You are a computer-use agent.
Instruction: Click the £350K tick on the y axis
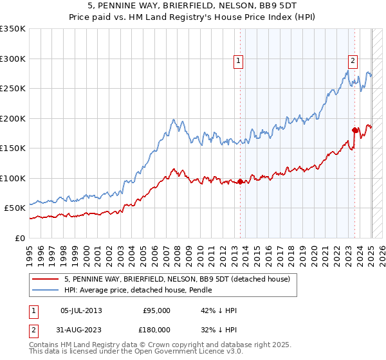click(13, 29)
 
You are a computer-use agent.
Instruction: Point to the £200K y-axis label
click(13, 118)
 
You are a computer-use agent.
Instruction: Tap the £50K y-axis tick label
click(15, 208)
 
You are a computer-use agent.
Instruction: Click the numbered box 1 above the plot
click(239, 61)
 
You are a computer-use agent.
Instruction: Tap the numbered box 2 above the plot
click(353, 61)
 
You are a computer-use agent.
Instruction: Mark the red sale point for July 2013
click(241, 181)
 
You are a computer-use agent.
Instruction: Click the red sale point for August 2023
click(354, 130)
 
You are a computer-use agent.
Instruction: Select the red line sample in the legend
click(45, 279)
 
